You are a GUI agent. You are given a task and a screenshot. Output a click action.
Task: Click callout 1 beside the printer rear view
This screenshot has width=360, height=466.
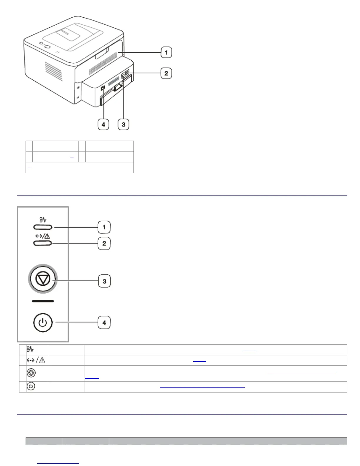tap(166, 53)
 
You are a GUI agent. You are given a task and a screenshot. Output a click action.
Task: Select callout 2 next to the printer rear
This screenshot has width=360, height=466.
tap(166, 73)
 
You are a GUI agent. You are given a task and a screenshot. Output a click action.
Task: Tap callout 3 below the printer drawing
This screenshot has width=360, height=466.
tap(123, 124)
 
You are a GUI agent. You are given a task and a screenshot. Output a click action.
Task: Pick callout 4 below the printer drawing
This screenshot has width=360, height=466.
tap(103, 124)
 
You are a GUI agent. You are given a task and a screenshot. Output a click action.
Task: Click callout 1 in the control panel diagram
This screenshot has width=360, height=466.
tap(104, 227)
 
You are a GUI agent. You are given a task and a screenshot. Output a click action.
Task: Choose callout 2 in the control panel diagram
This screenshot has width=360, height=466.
tap(104, 244)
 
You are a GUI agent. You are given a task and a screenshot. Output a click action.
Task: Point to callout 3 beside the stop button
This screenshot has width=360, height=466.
tap(104, 281)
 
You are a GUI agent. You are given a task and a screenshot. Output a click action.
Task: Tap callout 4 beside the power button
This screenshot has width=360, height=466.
tap(104, 323)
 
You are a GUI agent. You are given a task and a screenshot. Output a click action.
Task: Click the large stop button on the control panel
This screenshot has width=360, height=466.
tap(43, 279)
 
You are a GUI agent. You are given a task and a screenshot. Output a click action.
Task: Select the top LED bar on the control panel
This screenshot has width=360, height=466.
tap(43, 227)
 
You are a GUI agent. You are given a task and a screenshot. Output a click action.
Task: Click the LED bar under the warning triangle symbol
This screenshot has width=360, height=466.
tap(43, 243)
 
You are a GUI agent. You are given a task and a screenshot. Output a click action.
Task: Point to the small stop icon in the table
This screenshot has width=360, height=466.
tap(31, 373)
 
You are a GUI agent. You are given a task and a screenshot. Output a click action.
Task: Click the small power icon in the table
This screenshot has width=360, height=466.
tap(31, 386)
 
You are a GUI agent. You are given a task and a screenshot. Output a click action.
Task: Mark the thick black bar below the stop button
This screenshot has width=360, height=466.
tap(43, 301)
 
